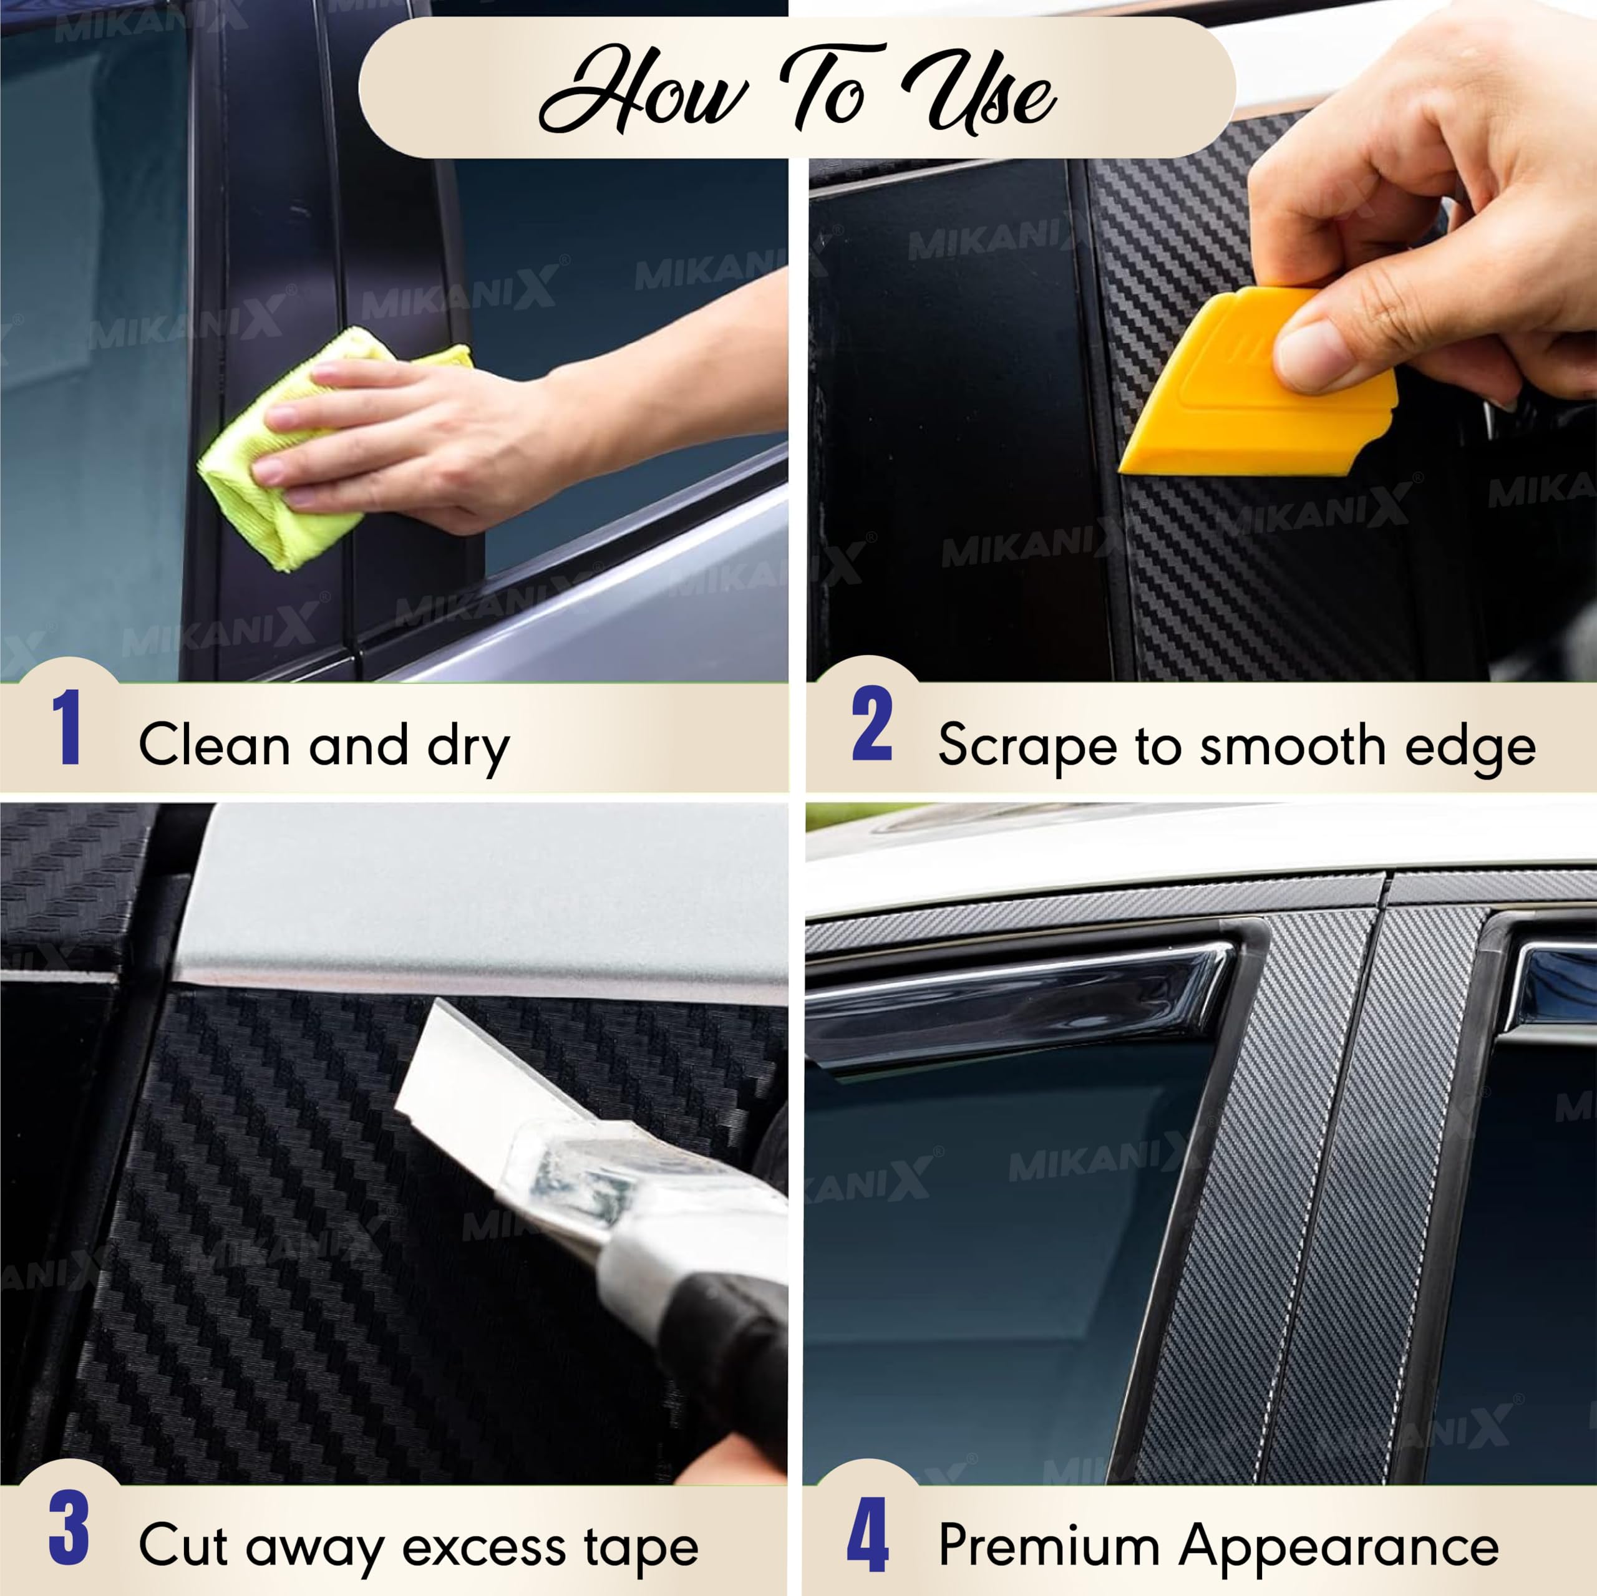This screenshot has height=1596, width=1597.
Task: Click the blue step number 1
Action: (67, 727)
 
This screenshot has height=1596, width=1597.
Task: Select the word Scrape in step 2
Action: (1027, 747)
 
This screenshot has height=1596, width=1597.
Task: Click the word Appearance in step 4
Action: (1339, 1546)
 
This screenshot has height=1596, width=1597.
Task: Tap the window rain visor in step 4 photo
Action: (1017, 1004)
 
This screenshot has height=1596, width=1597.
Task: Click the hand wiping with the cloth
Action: (414, 438)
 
